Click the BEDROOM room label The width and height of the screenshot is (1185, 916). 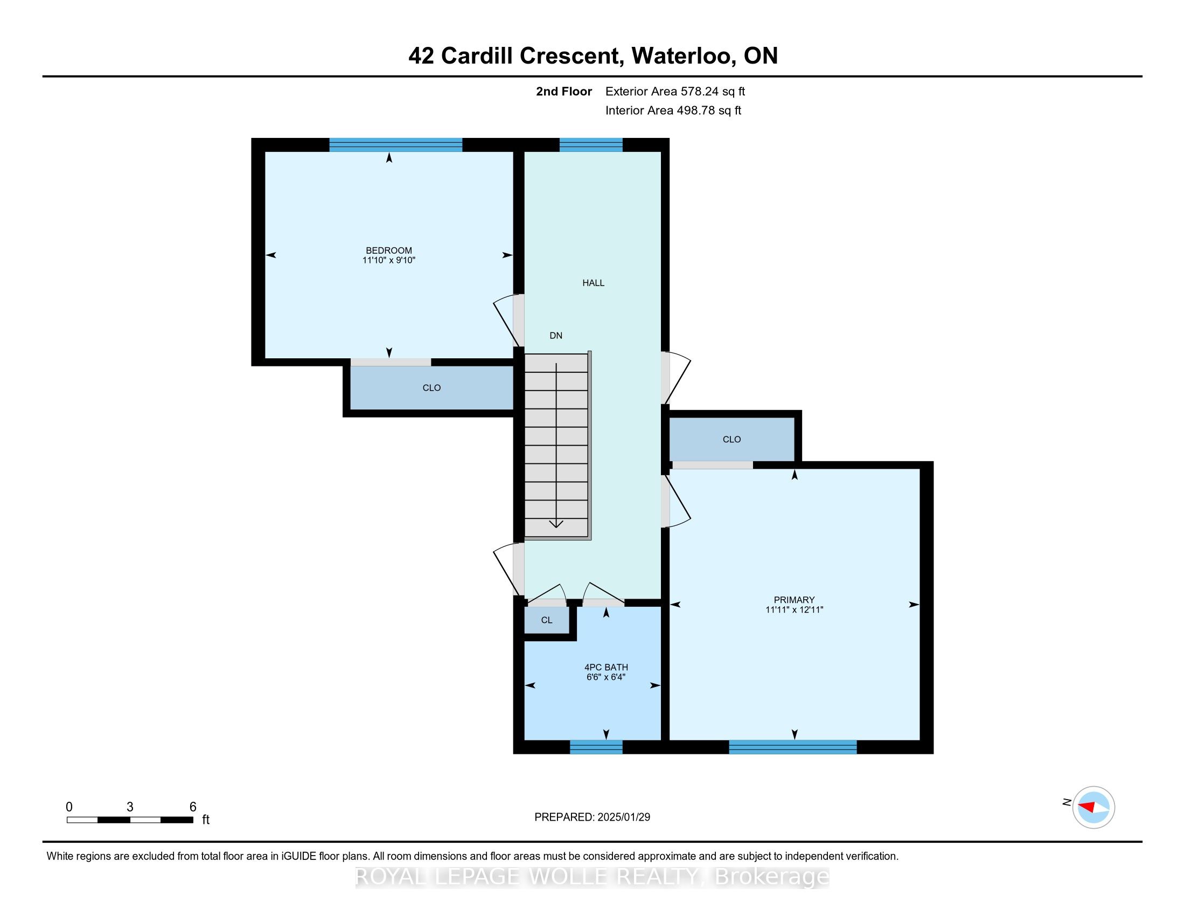point(388,250)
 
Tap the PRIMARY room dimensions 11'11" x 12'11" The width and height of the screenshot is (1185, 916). point(794,609)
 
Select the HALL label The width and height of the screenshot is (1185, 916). point(593,283)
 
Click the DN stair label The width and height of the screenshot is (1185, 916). point(556,335)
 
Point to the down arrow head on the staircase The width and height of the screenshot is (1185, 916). point(556,524)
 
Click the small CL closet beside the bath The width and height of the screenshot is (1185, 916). point(546,620)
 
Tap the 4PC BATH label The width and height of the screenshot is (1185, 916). point(606,667)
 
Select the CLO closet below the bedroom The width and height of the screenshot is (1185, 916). point(431,387)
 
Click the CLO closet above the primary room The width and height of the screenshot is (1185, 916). point(731,439)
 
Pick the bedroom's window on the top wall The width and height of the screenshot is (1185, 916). point(395,145)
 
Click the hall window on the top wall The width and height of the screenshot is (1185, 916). point(591,145)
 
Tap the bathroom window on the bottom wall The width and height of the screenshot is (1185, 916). point(596,747)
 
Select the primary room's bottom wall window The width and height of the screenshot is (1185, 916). point(792,747)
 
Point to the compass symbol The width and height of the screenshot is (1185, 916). point(1093,807)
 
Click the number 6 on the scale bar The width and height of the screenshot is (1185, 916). point(193,807)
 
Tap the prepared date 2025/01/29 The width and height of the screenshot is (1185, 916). point(623,817)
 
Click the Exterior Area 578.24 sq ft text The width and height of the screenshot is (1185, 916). point(675,91)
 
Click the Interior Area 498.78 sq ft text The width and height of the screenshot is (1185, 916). point(673,110)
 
